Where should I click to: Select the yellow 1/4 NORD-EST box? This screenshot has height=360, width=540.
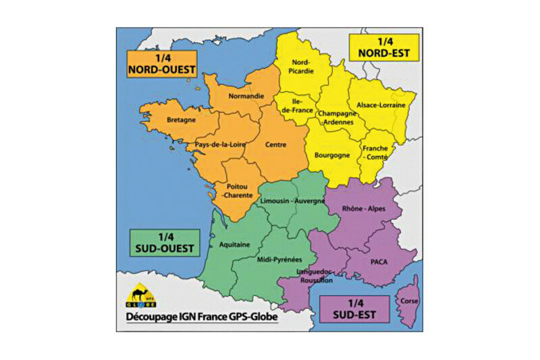(x=382, y=46)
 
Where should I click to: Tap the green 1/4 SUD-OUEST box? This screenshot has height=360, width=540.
(x=161, y=242)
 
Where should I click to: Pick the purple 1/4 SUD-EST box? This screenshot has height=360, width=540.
(x=354, y=308)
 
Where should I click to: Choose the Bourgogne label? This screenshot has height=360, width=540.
(x=332, y=155)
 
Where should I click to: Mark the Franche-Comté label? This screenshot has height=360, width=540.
(x=374, y=153)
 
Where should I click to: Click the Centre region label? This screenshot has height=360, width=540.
(x=276, y=144)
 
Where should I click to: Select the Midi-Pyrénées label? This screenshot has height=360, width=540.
(x=280, y=259)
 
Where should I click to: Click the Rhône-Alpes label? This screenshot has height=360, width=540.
(x=364, y=209)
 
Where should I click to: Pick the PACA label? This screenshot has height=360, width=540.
(x=378, y=259)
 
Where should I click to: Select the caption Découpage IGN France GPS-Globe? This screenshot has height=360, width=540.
(x=201, y=317)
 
